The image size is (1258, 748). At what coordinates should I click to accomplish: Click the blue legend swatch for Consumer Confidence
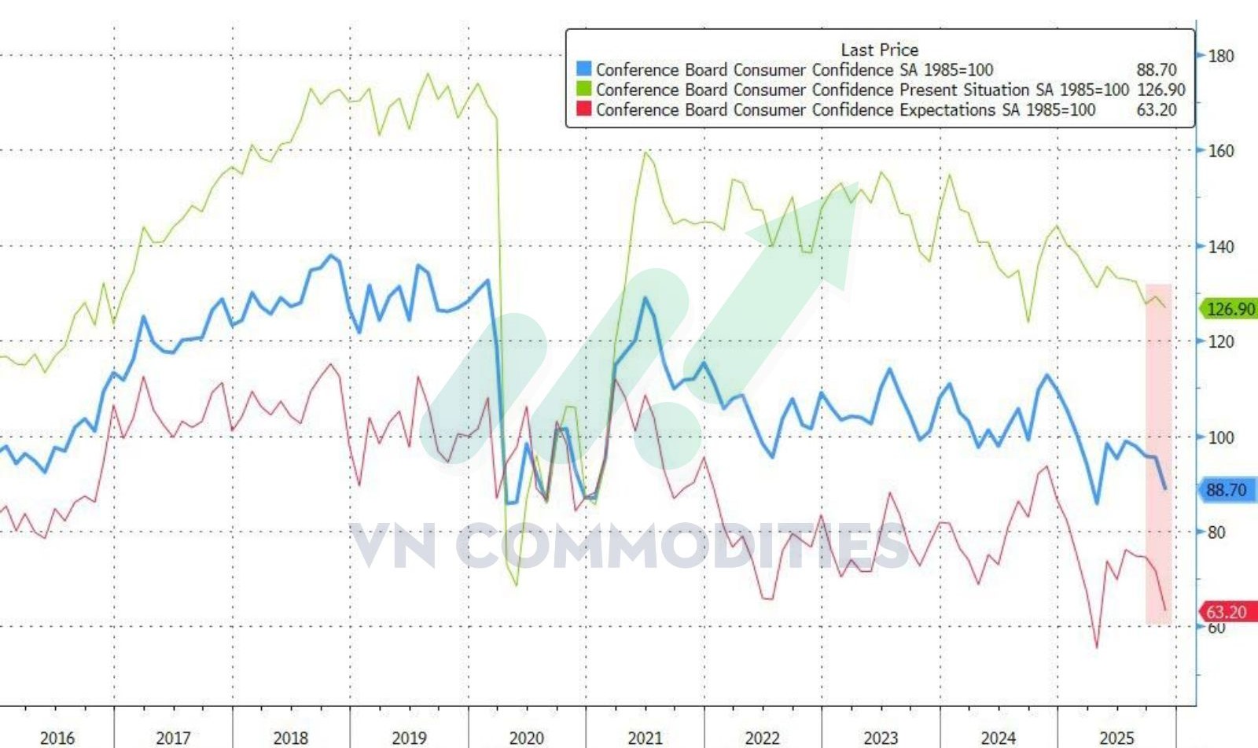(x=583, y=69)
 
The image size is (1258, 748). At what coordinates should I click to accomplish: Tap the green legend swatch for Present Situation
(x=583, y=90)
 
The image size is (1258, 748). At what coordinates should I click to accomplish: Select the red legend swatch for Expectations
(x=583, y=110)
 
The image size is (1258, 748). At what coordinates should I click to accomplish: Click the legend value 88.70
(x=1157, y=69)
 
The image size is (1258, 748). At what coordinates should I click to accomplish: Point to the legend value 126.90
(x=1161, y=90)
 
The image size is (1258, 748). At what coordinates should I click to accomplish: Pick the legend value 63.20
(x=1157, y=110)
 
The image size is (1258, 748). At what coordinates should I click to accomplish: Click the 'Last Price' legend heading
(x=879, y=50)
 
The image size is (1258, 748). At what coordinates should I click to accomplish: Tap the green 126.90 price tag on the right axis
(x=1230, y=309)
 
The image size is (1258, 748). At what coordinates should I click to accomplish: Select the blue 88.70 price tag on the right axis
(x=1227, y=490)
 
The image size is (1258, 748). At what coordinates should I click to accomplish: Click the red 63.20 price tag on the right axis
(x=1227, y=612)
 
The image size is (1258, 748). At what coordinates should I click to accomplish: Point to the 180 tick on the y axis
(x=1221, y=56)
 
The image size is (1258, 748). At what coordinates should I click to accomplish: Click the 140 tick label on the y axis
(x=1221, y=246)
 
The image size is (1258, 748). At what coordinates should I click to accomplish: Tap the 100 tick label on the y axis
(x=1221, y=437)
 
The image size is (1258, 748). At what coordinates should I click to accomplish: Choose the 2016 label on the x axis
(x=57, y=738)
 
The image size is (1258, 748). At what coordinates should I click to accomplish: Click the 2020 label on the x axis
(x=527, y=738)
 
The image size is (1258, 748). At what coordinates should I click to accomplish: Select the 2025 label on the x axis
(x=1116, y=738)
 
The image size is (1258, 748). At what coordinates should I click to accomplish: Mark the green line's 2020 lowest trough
(x=517, y=585)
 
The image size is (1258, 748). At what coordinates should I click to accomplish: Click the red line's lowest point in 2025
(x=1097, y=647)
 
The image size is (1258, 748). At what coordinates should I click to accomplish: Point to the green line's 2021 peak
(x=646, y=153)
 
